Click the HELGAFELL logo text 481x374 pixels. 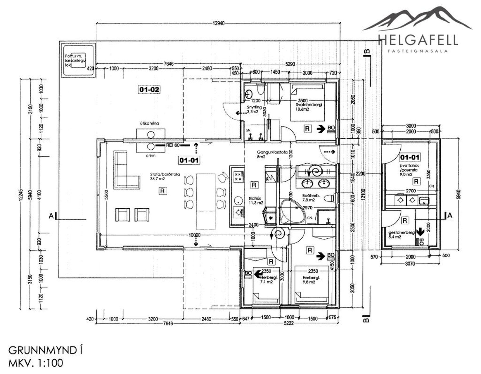pos(418,40)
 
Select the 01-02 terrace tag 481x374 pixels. pos(149,89)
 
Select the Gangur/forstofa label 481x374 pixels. pos(272,152)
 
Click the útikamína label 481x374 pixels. pos(149,124)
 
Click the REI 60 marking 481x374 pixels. pos(173,145)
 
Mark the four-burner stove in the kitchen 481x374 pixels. pos(238,176)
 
